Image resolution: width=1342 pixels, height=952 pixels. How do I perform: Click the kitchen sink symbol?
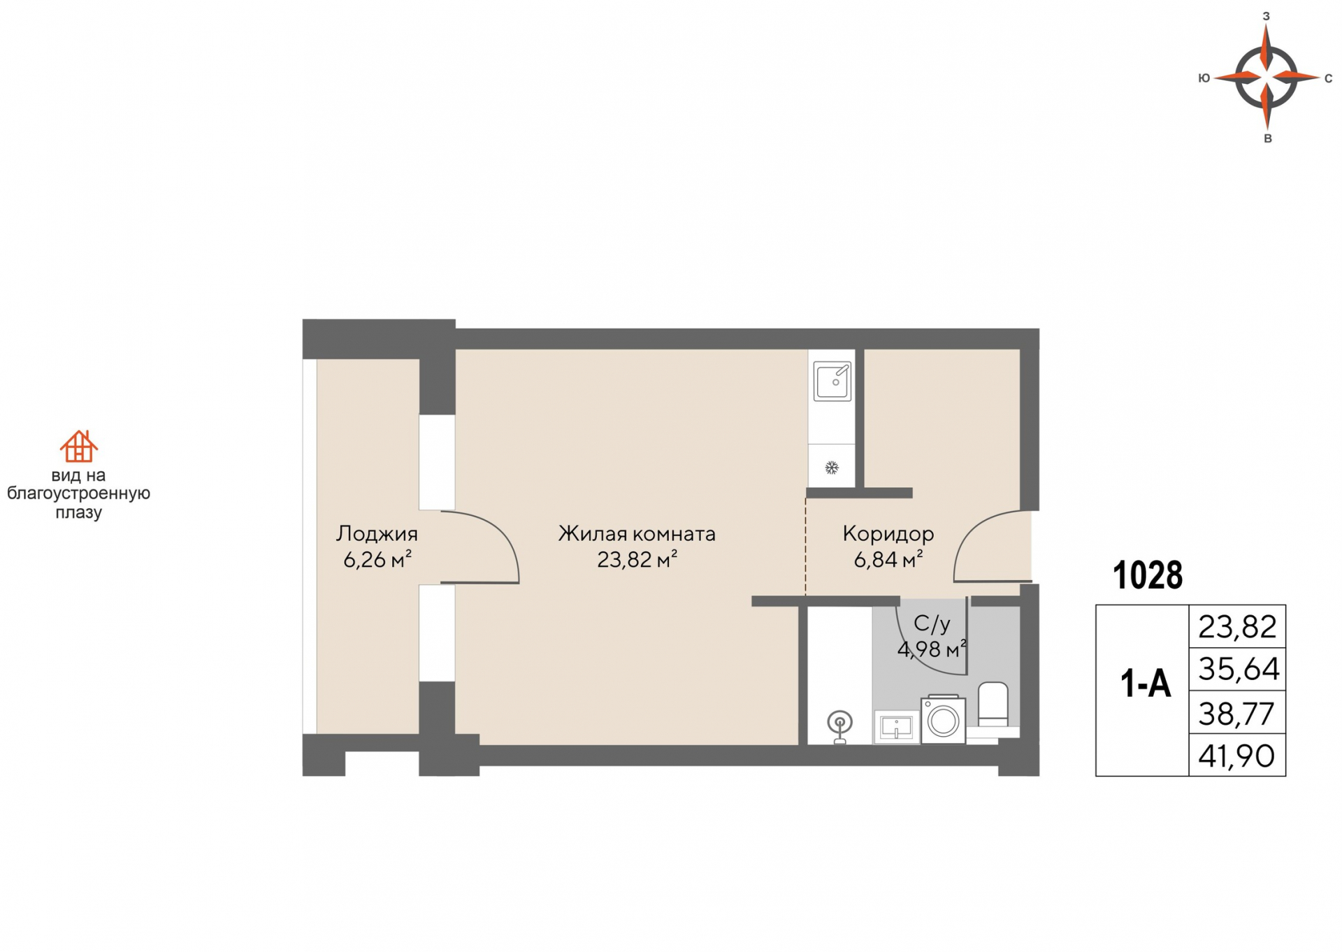[x=832, y=381]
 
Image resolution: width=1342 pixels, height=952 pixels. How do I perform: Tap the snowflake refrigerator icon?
[x=831, y=468]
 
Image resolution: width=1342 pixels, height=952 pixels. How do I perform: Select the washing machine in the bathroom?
[x=943, y=719]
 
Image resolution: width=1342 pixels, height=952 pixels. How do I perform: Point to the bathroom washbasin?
[x=896, y=728]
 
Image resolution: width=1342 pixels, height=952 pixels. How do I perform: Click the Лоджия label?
[x=377, y=534]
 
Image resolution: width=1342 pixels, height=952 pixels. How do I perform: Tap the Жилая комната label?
[x=637, y=534]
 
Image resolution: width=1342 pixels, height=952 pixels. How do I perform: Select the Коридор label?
[x=888, y=534]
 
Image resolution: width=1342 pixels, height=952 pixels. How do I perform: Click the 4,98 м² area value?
[x=932, y=649]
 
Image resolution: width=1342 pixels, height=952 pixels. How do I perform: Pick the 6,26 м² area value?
[x=377, y=560]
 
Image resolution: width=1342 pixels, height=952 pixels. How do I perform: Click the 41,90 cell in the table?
[x=1236, y=756]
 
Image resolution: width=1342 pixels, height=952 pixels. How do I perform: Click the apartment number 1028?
[x=1148, y=575]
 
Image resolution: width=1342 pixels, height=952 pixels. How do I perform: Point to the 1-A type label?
[x=1146, y=683]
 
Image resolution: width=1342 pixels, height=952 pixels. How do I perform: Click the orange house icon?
[x=78, y=446]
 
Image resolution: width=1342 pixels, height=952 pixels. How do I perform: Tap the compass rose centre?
[x=1267, y=77]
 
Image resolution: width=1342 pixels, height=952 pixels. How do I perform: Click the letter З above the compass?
[x=1266, y=16]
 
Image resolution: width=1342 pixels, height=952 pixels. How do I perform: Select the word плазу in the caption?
[x=78, y=512]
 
